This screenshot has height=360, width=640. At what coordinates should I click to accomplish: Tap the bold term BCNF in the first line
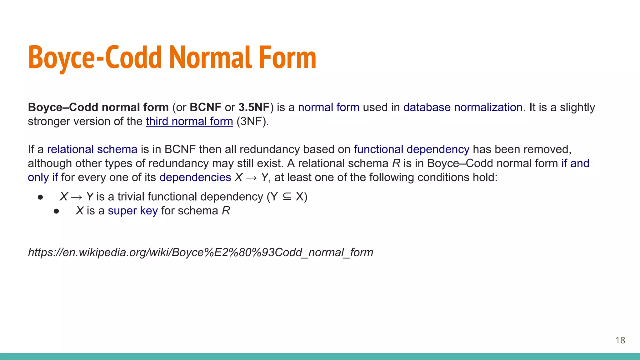coord(205,107)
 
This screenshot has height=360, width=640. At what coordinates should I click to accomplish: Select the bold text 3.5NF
coord(254,107)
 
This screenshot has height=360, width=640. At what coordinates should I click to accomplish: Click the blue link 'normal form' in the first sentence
coord(328,107)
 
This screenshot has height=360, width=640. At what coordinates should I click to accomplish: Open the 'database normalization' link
coord(462,107)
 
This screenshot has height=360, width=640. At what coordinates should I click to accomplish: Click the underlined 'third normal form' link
coord(189,121)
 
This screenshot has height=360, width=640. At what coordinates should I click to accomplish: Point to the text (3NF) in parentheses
coord(252,121)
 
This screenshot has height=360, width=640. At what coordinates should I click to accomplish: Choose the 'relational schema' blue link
coord(92,149)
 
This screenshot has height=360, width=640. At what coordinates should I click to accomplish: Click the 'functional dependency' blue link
coord(411,149)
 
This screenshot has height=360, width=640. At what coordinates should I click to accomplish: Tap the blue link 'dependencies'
coord(195,177)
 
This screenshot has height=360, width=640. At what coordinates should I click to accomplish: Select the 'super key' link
coord(132,211)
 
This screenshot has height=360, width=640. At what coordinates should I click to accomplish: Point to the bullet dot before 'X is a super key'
coord(56,212)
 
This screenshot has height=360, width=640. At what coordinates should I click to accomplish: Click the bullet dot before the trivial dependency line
coord(40,197)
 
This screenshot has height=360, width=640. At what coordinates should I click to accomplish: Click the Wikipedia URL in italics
coord(200,252)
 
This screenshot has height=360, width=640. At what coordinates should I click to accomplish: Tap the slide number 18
coord(620,340)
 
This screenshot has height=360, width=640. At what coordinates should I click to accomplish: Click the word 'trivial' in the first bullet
coord(131,197)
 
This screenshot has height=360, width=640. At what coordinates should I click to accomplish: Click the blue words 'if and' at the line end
coord(575,163)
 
